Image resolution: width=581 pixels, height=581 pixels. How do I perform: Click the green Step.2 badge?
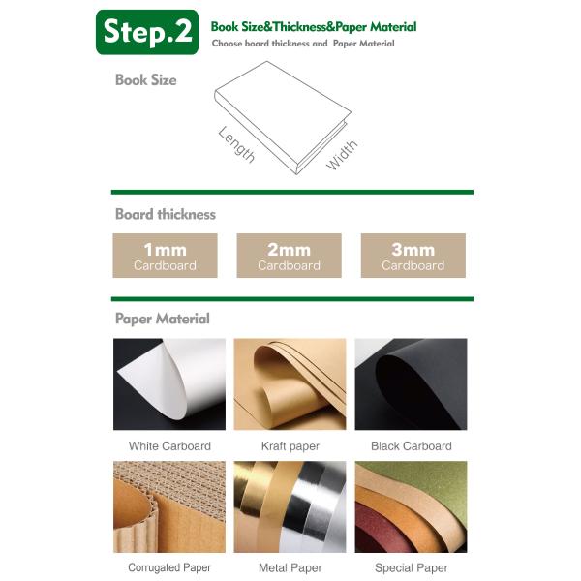[x=147, y=32]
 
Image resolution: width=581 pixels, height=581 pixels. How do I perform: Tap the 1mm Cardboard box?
[x=165, y=256]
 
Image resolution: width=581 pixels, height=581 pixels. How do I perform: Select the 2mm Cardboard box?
[x=289, y=256]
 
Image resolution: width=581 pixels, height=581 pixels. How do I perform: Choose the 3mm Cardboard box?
[x=413, y=256]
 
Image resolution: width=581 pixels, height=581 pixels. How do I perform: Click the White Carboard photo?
[x=169, y=384]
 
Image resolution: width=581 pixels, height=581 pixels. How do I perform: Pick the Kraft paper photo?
[x=290, y=384]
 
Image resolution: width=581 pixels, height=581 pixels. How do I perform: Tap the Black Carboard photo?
[x=411, y=384]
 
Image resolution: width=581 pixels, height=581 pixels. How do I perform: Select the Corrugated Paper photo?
[x=169, y=506]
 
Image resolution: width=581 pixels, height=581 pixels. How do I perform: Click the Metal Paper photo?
[x=290, y=506]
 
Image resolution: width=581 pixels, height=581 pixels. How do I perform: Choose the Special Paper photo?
[x=411, y=506]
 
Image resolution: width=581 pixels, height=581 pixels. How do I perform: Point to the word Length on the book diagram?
[x=237, y=144]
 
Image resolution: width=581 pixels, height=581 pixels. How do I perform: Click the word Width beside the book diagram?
[x=342, y=155]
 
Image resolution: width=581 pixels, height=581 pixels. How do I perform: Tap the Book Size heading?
[x=146, y=80]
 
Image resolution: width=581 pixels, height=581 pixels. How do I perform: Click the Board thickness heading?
[x=166, y=214]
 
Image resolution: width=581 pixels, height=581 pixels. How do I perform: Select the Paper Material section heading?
[x=163, y=319]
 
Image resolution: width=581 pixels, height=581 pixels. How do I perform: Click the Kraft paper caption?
[x=290, y=446]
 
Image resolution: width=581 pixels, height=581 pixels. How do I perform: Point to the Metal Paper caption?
[x=290, y=567]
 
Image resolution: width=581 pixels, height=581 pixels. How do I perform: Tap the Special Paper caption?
[x=412, y=567]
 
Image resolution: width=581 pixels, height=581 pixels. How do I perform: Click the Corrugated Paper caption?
[x=169, y=567]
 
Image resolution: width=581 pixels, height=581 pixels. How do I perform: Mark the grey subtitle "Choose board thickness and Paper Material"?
[x=303, y=44]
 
